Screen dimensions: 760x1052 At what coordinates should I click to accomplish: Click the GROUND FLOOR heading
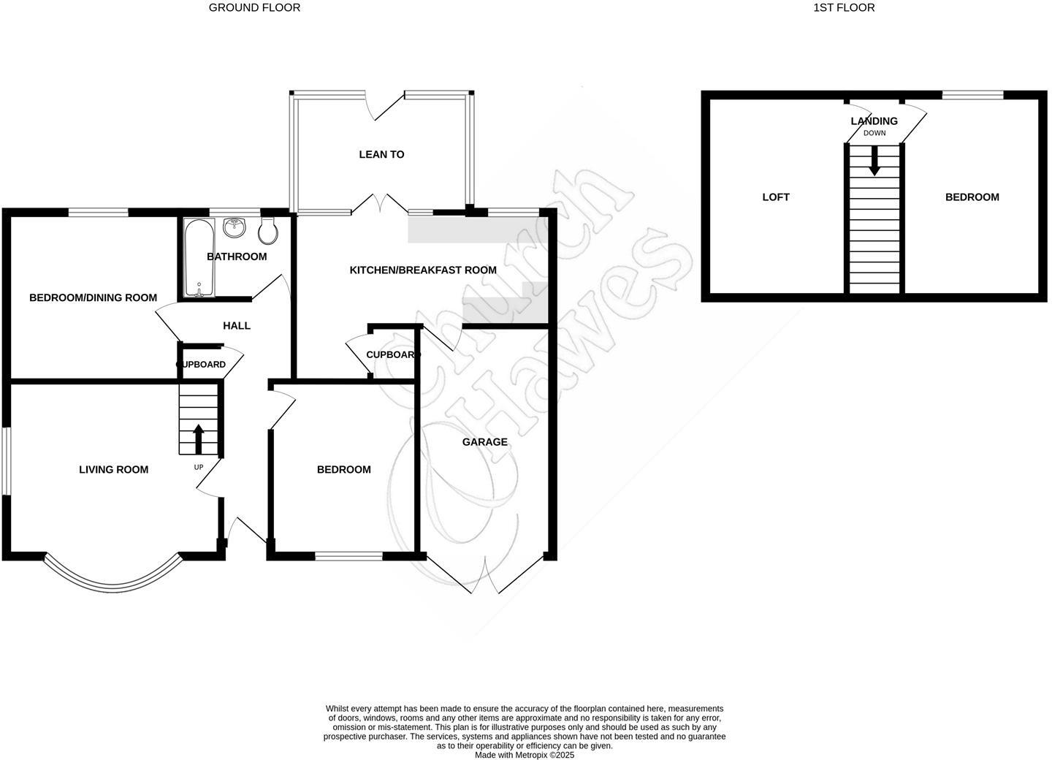pyautogui.click(x=254, y=7)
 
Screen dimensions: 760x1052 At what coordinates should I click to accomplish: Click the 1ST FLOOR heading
pyautogui.click(x=844, y=7)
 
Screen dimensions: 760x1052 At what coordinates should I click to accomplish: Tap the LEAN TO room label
pyautogui.click(x=381, y=154)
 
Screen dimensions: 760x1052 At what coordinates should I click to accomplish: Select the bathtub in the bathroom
pyautogui.click(x=199, y=258)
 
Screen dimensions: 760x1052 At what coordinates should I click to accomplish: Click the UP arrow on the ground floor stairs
pyautogui.click(x=198, y=438)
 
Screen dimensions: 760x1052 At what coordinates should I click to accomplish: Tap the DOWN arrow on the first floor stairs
pyautogui.click(x=874, y=161)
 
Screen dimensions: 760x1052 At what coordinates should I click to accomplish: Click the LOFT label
pyautogui.click(x=776, y=197)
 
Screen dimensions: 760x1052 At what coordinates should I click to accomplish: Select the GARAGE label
pyautogui.click(x=484, y=441)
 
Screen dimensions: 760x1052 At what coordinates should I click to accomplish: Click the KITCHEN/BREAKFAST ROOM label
pyautogui.click(x=423, y=270)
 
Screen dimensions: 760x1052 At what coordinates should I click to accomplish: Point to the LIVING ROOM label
pyautogui.click(x=113, y=469)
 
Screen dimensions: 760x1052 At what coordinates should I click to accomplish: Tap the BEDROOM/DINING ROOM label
pyautogui.click(x=93, y=297)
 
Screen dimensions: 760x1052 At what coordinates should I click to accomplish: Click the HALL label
pyautogui.click(x=237, y=325)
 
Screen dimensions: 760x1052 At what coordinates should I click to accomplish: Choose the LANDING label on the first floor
pyautogui.click(x=874, y=121)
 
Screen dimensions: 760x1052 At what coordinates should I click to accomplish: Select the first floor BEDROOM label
pyautogui.click(x=972, y=197)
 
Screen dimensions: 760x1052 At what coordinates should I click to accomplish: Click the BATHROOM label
pyautogui.click(x=237, y=256)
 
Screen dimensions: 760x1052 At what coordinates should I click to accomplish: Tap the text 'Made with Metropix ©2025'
pyautogui.click(x=525, y=755)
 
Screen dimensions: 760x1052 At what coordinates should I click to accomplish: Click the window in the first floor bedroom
pyautogui.click(x=972, y=94)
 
